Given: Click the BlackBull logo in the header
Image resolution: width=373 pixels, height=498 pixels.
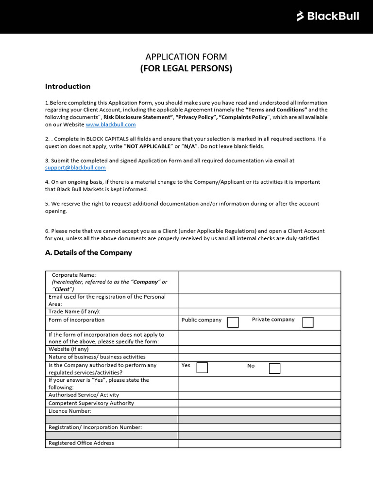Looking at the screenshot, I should pos(328,17).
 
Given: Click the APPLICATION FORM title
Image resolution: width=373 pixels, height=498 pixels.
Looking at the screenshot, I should pos(186,57).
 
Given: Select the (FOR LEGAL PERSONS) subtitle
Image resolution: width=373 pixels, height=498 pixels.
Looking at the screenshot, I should pos(186,69).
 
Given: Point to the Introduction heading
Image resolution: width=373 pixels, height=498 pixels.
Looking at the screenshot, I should pos(68,87).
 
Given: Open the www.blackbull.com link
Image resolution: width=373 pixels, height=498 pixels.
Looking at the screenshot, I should pos(110,124).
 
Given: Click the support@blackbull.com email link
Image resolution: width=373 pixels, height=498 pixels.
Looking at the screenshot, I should pos(75,168).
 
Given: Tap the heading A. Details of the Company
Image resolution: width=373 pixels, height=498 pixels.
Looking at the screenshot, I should pos(88,253).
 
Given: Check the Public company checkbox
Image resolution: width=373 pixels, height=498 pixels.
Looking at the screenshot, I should pos(233,322).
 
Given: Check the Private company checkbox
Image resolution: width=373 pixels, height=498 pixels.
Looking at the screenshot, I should pos(308,322).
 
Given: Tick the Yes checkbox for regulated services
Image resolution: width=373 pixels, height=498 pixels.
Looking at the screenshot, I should pos(202,368).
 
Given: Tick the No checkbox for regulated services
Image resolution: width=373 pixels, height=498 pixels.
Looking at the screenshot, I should pos(274,368).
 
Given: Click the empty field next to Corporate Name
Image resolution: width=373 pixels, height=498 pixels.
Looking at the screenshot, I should pos(259,282).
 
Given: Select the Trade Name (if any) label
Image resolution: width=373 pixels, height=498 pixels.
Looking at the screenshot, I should pos(74,312).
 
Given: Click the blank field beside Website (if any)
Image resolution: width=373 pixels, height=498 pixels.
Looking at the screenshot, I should pos(259,349).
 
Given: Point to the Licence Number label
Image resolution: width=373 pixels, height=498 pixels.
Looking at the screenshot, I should pos(70,411).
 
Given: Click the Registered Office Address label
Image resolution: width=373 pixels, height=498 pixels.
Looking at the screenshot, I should pos(81,443).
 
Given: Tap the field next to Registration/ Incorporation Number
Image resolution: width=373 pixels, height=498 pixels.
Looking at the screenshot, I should pos(259,427).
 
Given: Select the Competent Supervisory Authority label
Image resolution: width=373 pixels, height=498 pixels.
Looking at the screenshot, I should pos(91,403).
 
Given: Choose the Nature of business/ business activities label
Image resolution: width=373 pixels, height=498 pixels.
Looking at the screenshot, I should pos(97,357).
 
